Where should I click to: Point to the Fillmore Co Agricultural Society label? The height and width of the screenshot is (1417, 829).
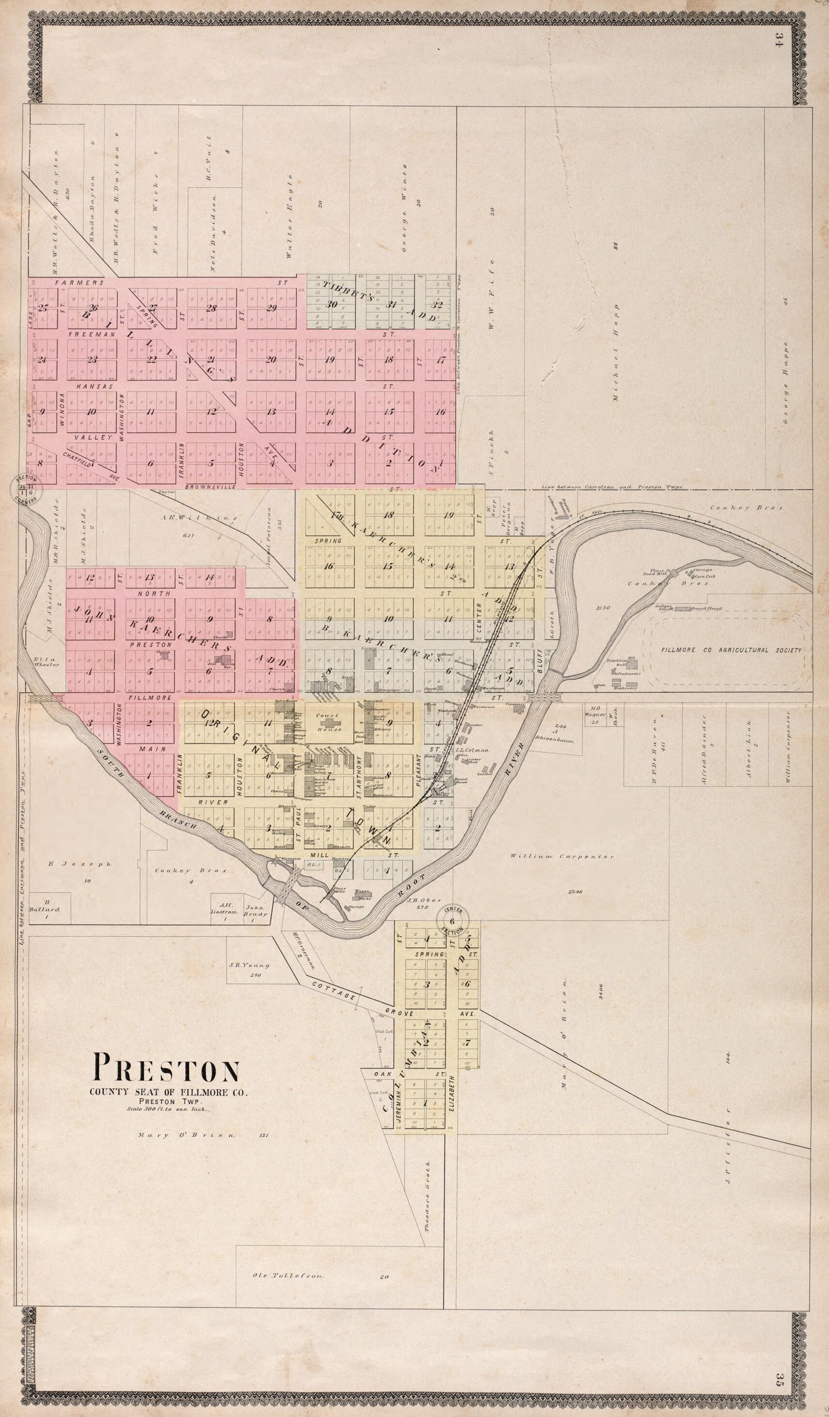click(x=731, y=650)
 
